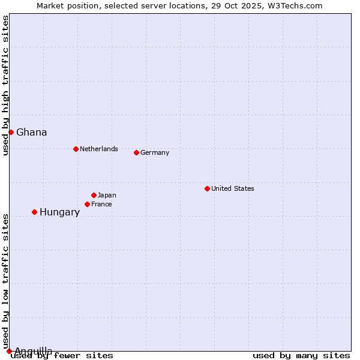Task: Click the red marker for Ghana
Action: pyautogui.click(x=11, y=132)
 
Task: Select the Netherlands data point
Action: pyautogui.click(x=76, y=149)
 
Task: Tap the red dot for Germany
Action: pyautogui.click(x=136, y=152)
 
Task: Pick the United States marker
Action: pyautogui.click(x=207, y=188)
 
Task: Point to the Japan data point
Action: pyautogui.click(x=94, y=195)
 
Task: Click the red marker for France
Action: pyautogui.click(x=87, y=204)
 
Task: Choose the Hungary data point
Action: pyautogui.click(x=34, y=212)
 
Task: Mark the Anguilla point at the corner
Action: pyautogui.click(x=9, y=351)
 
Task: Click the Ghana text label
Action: pyautogui.click(x=32, y=132)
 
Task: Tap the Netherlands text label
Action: pyautogui.click(x=99, y=149)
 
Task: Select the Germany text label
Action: pyautogui.click(x=155, y=152)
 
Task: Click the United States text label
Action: pyautogui.click(x=233, y=188)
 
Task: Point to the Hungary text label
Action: pyautogui.click(x=59, y=212)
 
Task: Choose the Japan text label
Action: pyautogui.click(x=107, y=195)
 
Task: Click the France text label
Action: pyautogui.click(x=101, y=204)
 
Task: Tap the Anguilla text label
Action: pyautogui.click(x=34, y=351)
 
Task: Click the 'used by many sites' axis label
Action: pyautogui.click(x=301, y=355)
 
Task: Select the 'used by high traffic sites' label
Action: pyautogui.click(x=5, y=85)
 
